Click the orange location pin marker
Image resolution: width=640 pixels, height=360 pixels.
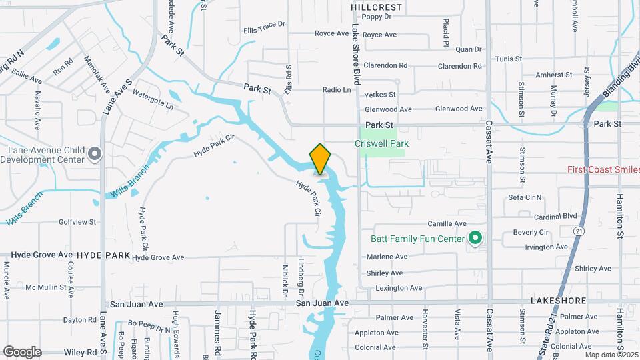click(320, 159)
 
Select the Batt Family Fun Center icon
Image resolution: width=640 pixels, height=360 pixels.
click(475, 237)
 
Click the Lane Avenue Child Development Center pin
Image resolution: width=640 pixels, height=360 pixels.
click(95, 155)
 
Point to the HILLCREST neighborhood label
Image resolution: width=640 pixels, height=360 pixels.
click(377, 7)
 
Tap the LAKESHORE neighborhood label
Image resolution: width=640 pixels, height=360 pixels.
click(558, 301)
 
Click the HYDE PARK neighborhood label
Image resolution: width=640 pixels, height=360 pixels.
click(103, 255)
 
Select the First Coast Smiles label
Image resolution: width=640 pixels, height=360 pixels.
click(603, 169)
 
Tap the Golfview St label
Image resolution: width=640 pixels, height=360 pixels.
click(78, 221)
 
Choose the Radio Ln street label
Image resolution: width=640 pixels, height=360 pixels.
click(337, 90)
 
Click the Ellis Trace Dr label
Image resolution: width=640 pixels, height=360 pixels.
click(264, 31)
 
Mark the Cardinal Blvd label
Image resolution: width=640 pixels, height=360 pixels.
click(555, 216)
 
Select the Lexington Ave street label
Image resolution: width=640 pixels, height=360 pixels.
click(399, 288)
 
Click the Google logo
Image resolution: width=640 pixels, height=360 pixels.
click(22, 351)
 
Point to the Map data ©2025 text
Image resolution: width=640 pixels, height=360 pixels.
click(612, 355)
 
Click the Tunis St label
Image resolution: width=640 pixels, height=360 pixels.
click(509, 59)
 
